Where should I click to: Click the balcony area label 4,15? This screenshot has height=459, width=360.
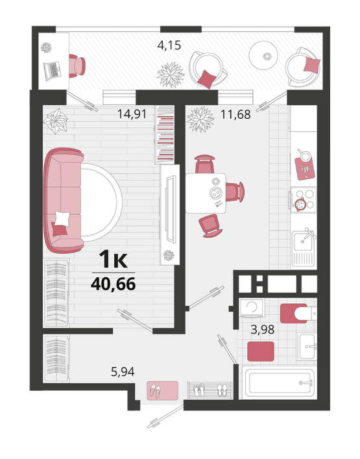[x=169, y=45]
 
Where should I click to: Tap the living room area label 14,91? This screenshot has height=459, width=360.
[x=132, y=114]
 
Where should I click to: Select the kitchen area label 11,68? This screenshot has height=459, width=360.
[x=235, y=114]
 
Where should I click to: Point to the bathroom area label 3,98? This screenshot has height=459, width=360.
[x=263, y=330]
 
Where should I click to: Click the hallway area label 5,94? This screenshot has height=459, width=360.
[x=123, y=372]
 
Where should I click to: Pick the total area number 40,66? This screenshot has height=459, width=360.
[x=113, y=283]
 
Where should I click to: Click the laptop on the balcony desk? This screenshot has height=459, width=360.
[x=53, y=71]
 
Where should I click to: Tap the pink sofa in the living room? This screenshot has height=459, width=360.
[x=63, y=201]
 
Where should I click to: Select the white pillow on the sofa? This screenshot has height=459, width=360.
[x=62, y=218]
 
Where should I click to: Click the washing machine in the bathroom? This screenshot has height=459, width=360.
[x=252, y=308]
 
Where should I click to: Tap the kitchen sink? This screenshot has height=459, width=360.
[x=304, y=249]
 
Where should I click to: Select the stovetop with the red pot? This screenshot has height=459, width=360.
[x=304, y=200]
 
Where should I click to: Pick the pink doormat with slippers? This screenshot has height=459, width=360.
[x=162, y=390]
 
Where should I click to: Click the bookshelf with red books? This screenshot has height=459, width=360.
[x=165, y=134]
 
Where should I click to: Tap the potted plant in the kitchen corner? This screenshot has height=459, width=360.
[x=201, y=119]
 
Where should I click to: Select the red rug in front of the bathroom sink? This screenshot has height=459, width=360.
[x=261, y=351]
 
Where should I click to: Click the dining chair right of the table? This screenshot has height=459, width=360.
[x=235, y=192]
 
